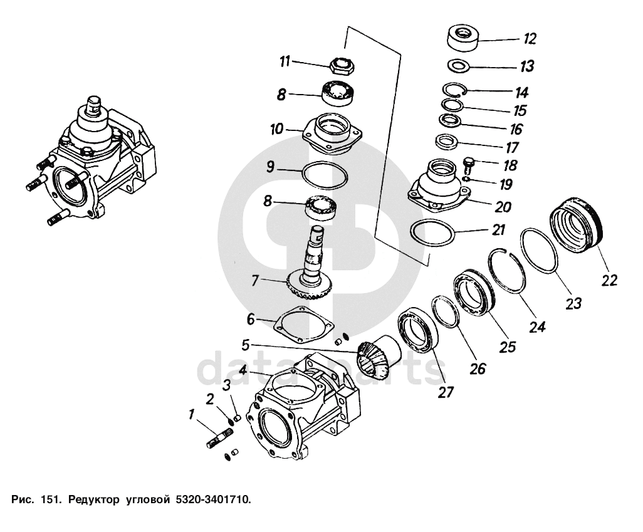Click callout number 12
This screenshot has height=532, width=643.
(x=529, y=39)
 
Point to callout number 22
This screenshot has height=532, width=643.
(x=609, y=279)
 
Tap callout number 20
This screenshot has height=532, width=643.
(x=503, y=207)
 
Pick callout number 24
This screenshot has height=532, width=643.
(x=537, y=326)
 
